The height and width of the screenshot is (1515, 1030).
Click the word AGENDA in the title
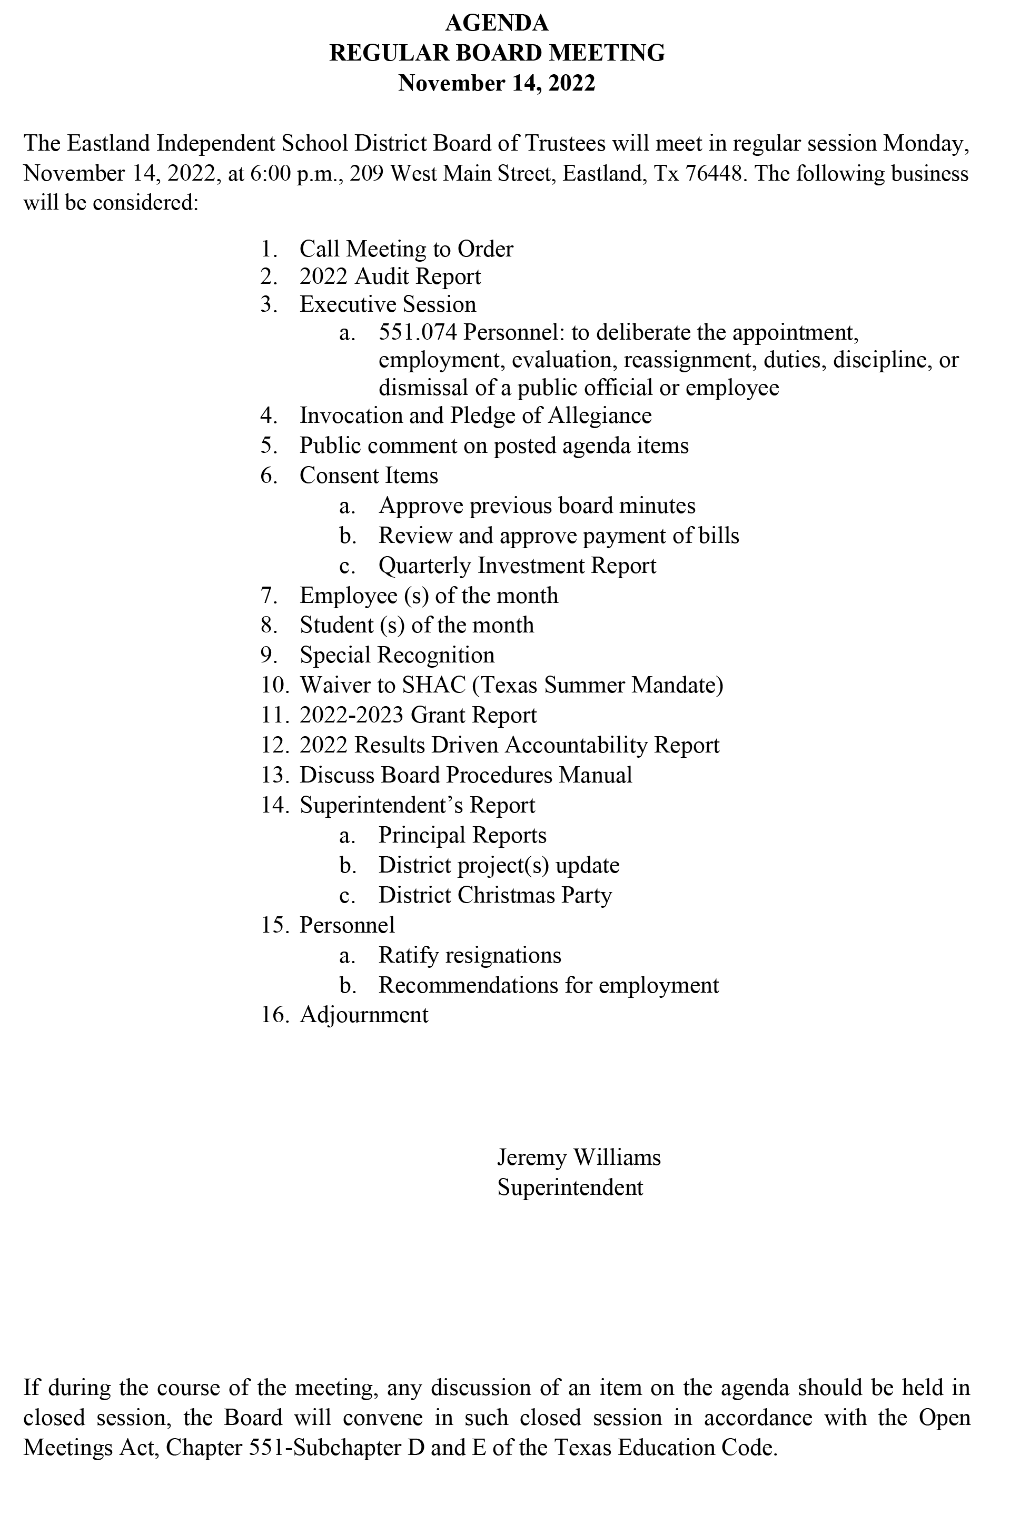[x=497, y=24]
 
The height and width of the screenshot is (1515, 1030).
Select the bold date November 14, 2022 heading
[x=497, y=83]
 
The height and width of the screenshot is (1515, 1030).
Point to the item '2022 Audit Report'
[x=390, y=276]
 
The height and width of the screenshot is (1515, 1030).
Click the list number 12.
[x=274, y=745]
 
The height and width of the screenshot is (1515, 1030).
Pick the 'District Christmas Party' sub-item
[x=495, y=895]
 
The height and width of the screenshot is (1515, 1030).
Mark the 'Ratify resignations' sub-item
[x=469, y=955]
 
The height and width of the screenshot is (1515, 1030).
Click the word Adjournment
[x=364, y=1014]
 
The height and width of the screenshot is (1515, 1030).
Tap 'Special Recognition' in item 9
[x=397, y=655]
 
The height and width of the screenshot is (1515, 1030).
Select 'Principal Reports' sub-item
[x=462, y=835]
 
